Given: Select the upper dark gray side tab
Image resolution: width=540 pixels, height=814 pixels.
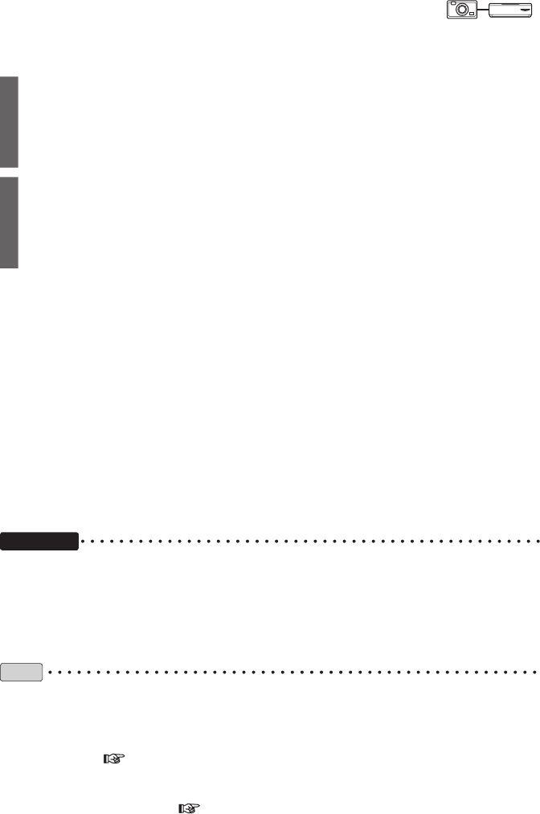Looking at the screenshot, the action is (x=9, y=122).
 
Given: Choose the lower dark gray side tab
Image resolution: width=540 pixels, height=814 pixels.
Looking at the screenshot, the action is (x=9, y=223).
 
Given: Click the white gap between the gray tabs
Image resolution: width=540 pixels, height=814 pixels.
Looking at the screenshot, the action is (x=9, y=173).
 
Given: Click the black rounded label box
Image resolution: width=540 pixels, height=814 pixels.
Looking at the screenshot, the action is (x=39, y=541).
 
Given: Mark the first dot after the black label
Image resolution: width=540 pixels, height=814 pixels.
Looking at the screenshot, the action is (x=86, y=541).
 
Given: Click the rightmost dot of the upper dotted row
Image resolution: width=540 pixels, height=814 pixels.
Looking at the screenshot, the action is (x=536, y=541).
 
